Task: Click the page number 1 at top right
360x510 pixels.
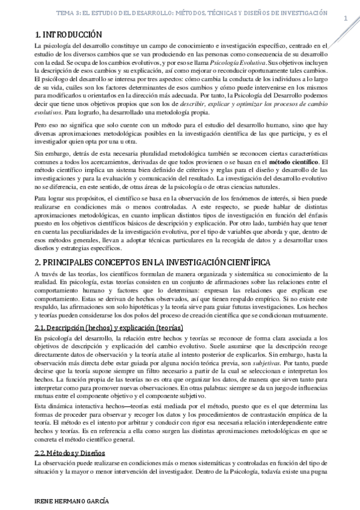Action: (x=346, y=18)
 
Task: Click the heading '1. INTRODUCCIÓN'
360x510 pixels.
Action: (x=68, y=35)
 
